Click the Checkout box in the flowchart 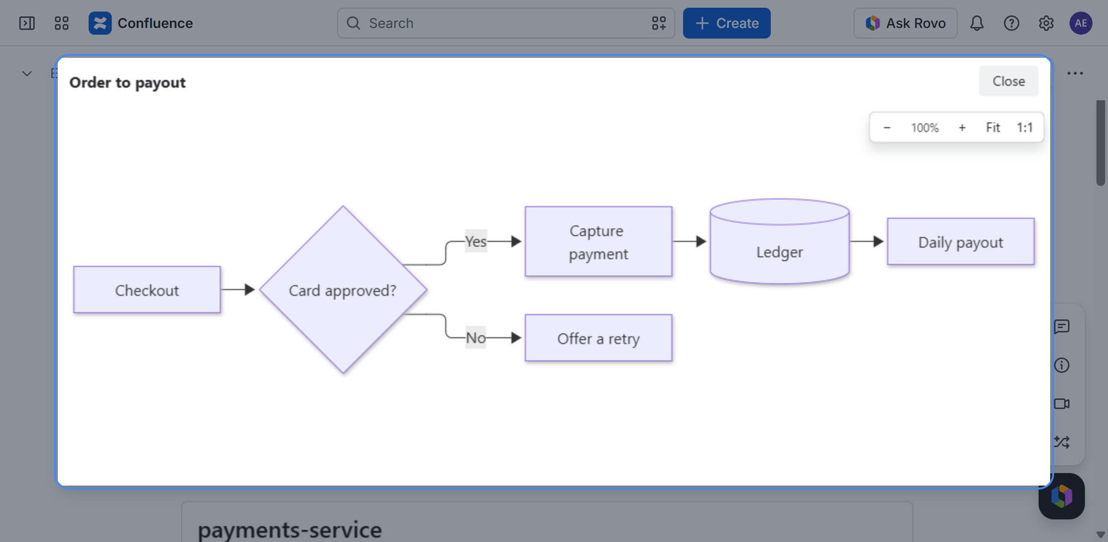(x=147, y=290)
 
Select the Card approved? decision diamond (x=343, y=290)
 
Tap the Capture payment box (x=599, y=241)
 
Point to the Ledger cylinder (x=780, y=241)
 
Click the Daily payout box (x=961, y=241)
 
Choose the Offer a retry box (x=599, y=338)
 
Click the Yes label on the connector (x=476, y=241)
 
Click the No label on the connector (x=476, y=338)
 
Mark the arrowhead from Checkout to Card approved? (x=250, y=290)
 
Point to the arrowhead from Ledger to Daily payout (x=879, y=241)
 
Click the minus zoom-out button (x=887, y=128)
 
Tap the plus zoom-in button (x=962, y=128)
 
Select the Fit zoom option (x=993, y=128)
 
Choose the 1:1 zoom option (x=1025, y=128)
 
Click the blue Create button (x=727, y=23)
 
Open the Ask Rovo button (x=906, y=23)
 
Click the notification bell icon (x=977, y=23)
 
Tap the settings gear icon (x=1046, y=23)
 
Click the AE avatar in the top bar (x=1081, y=23)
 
